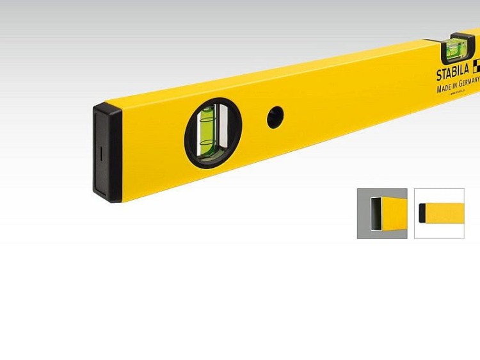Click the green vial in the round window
[x=208, y=133]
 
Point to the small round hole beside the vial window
[x=275, y=117]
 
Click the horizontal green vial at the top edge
[x=457, y=47]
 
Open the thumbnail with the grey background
[x=382, y=213]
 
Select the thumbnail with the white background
[x=439, y=213]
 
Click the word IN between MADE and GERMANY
[x=456, y=85]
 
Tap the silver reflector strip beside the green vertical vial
[x=220, y=128]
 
